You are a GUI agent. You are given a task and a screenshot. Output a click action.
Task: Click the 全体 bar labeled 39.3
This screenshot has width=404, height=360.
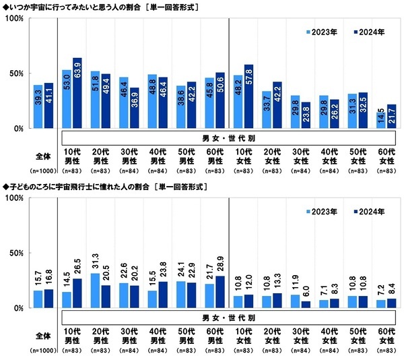38,107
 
